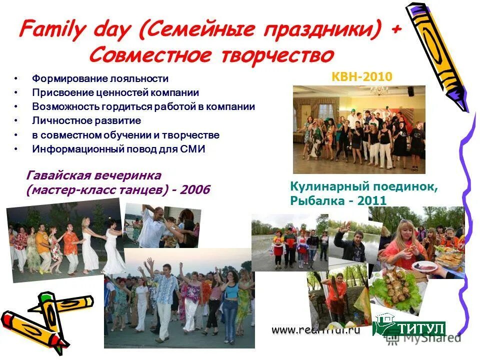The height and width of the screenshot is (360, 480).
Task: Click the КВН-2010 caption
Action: pyautogui.click(x=362, y=76)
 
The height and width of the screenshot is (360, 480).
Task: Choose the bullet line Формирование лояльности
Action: pyautogui.click(x=100, y=78)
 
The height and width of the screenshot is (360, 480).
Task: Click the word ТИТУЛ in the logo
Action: pyautogui.click(x=420, y=328)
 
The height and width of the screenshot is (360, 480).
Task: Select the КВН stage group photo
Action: pyautogui.click(x=358, y=129)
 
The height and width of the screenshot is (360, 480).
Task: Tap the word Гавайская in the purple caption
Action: pyautogui.click(x=59, y=176)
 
